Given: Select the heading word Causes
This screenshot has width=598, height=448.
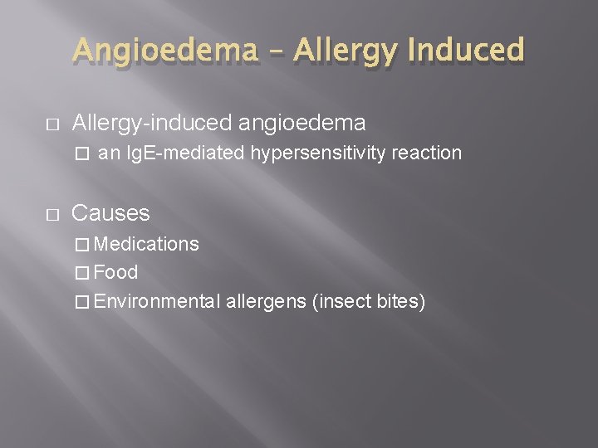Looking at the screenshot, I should click(x=110, y=213).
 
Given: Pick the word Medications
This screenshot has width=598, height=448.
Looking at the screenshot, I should click(x=146, y=244).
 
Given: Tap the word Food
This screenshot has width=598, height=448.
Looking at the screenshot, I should click(x=116, y=272).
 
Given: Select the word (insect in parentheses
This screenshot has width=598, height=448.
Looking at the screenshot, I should click(x=341, y=300).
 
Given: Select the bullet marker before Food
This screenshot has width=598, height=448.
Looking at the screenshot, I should click(x=80, y=273).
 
